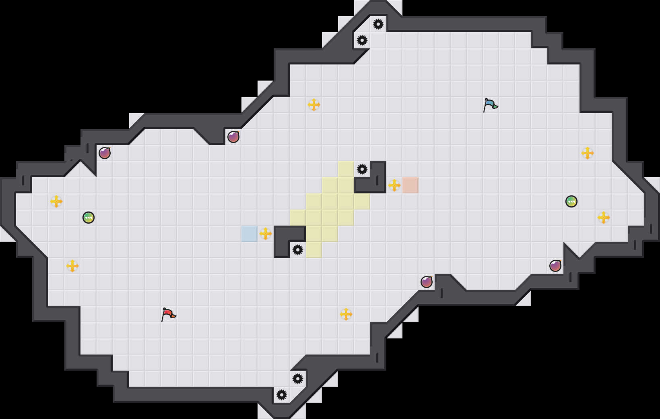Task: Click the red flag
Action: click(168, 314)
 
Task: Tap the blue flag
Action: click(490, 105)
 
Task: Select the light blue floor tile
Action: click(250, 234)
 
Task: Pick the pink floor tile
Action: click(410, 185)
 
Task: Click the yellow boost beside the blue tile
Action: click(266, 234)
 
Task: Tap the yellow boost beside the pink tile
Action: click(394, 185)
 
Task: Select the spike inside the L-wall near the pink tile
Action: click(362, 169)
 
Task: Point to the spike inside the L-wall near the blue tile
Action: click(298, 250)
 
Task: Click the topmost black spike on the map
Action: click(378, 24)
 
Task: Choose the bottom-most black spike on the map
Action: click(282, 395)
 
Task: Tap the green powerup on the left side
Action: click(89, 218)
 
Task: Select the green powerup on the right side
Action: click(571, 201)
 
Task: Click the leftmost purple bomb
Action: click(105, 153)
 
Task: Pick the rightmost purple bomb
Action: click(555, 266)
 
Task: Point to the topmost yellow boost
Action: click(314, 105)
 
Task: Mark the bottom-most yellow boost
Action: click(346, 314)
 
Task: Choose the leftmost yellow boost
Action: click(56, 201)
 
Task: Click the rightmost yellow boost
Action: click(604, 218)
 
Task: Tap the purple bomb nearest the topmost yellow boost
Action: click(233, 137)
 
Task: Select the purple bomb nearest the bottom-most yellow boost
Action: click(427, 282)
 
